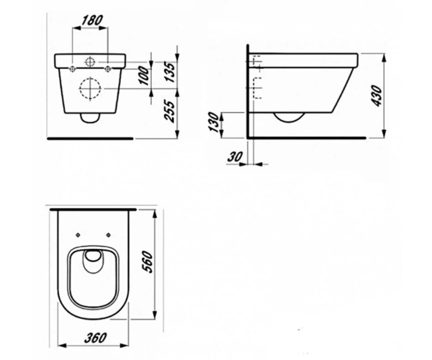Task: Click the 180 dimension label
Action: tap(92, 21)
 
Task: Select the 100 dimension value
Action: tap(144, 75)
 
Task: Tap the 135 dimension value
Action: tap(170, 73)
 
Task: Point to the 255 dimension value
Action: tap(170, 112)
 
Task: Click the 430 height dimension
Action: tap(377, 96)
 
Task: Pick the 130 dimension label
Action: tap(214, 122)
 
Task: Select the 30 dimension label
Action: tap(235, 156)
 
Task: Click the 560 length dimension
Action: tap(147, 261)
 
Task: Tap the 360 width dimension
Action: tap(95, 338)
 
